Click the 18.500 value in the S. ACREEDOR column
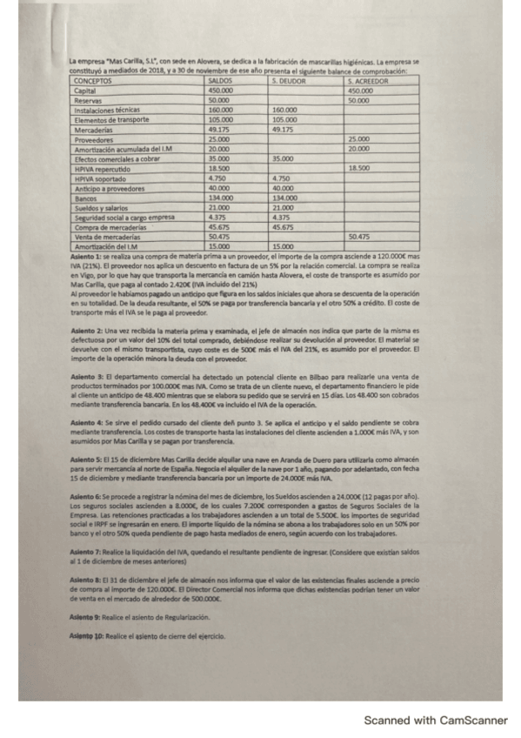[x=358, y=168]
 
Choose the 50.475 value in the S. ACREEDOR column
[x=358, y=237]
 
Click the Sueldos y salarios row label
[x=103, y=207]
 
